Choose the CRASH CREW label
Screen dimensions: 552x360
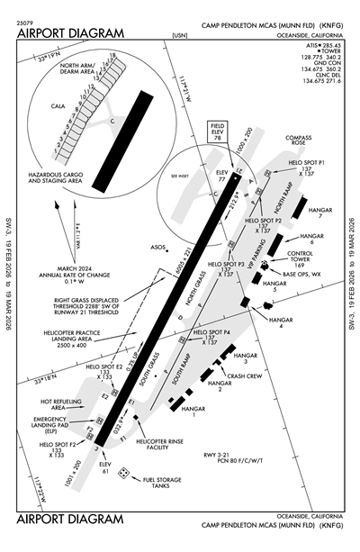coord(243,376)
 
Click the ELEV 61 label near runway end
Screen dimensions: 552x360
coord(107,466)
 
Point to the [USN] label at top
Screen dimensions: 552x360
coord(177,35)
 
